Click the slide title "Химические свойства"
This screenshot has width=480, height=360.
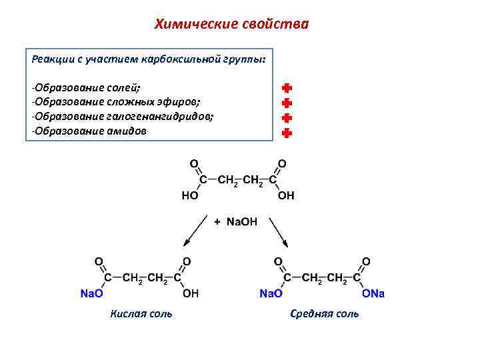pyautogui.click(x=231, y=25)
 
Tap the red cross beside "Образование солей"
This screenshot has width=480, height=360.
pyautogui.click(x=287, y=88)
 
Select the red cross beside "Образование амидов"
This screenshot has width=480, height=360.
pyautogui.click(x=287, y=133)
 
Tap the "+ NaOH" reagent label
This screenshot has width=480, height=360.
pyautogui.click(x=235, y=221)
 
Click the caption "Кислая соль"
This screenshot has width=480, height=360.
pyautogui.click(x=141, y=313)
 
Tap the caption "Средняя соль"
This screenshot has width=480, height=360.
pyautogui.click(x=325, y=313)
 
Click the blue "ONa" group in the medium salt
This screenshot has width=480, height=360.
pyautogui.click(x=373, y=293)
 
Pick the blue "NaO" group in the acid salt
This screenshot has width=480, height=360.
pyautogui.click(x=91, y=293)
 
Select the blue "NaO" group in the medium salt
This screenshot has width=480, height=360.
pyautogui.click(x=271, y=293)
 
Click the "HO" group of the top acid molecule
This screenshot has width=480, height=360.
pyautogui.click(x=189, y=196)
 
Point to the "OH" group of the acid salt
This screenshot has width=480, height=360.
pyautogui.click(x=190, y=293)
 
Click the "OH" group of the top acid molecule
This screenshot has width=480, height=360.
pyautogui.click(x=286, y=196)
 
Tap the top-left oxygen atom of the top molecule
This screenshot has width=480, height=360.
pyautogui.click(x=193, y=163)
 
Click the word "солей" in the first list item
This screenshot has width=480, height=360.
pyautogui.click(x=126, y=87)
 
